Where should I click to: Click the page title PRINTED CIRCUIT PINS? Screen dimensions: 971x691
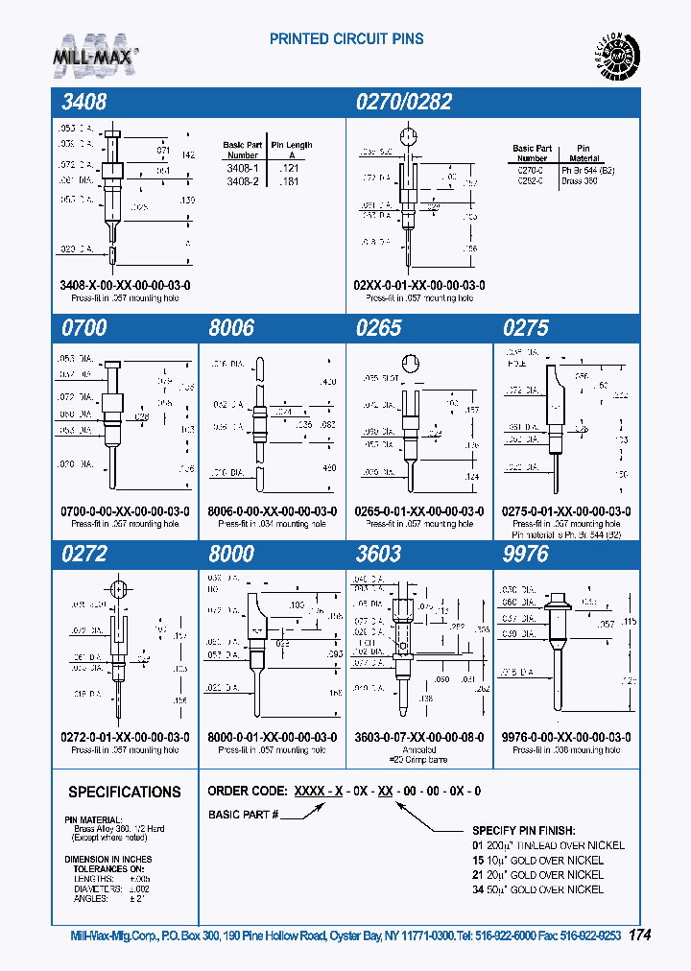[346, 39]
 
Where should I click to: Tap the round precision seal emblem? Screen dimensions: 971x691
[613, 59]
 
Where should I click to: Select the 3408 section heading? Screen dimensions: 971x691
[85, 103]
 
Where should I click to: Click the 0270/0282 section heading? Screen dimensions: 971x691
[403, 103]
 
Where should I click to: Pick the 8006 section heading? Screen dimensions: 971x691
[232, 328]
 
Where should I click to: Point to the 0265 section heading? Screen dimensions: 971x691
[378, 328]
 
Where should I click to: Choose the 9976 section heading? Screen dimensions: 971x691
[526, 555]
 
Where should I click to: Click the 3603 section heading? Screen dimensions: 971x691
[378, 555]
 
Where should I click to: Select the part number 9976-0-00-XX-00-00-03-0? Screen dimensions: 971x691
[566, 737]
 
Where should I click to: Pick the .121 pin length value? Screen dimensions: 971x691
[288, 167]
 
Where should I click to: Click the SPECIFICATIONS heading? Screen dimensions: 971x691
[124, 793]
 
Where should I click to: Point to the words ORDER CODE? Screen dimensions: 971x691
[246, 792]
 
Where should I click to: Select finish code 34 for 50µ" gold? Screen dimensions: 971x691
[477, 889]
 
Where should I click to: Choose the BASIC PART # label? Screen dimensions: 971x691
[243, 815]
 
